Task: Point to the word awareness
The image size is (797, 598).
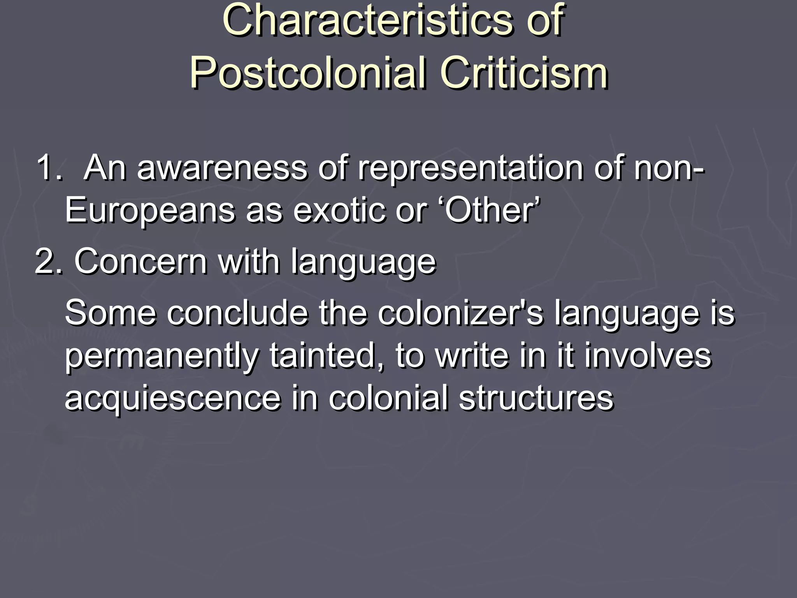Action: [222, 168]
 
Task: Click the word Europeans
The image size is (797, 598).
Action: [150, 210]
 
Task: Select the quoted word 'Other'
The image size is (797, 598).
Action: [492, 210]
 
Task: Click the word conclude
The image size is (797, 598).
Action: [237, 313]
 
